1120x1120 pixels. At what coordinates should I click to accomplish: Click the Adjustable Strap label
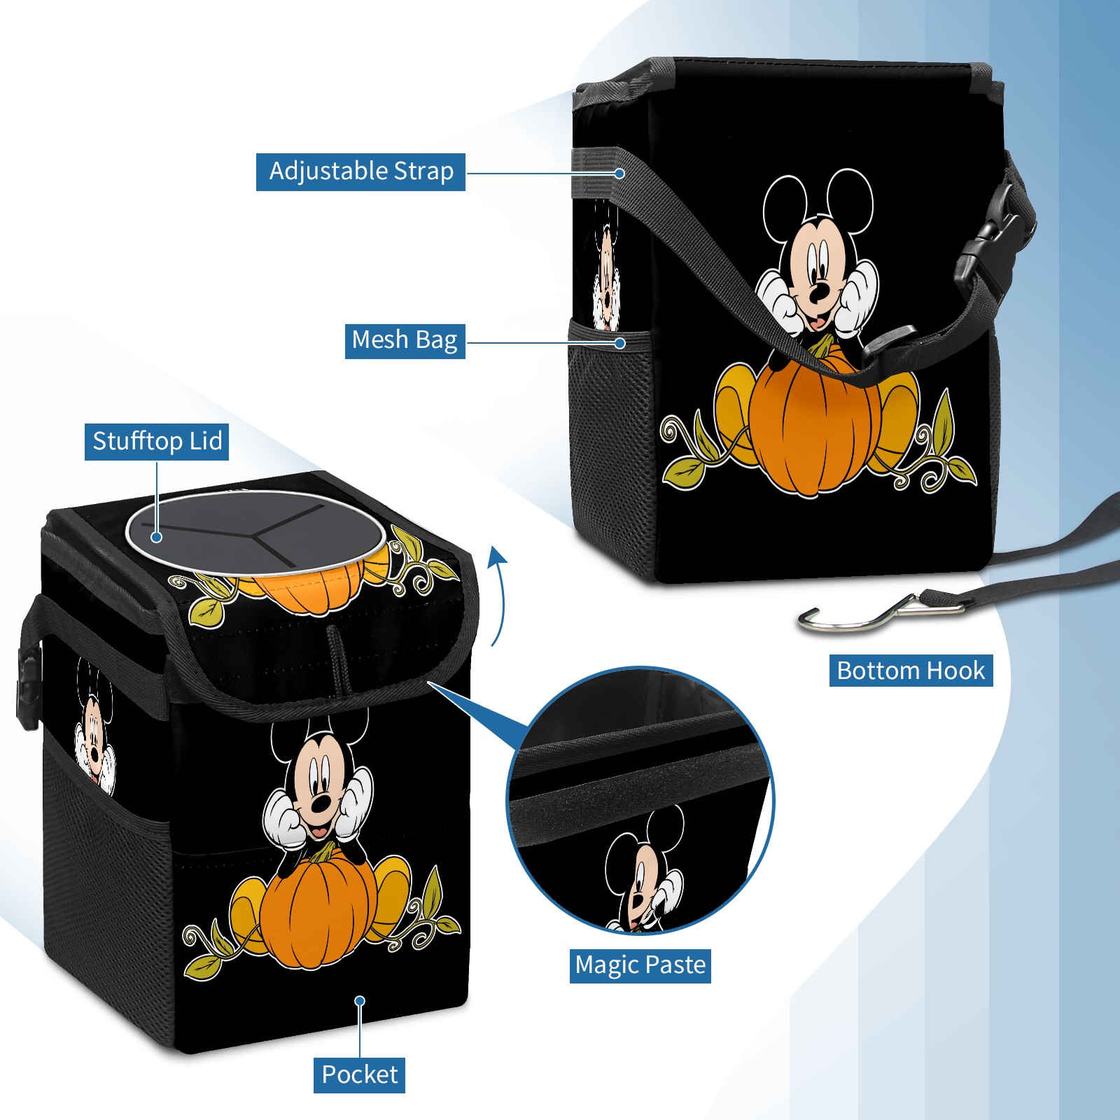pyautogui.click(x=360, y=171)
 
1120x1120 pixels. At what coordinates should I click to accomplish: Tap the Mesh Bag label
pyautogui.click(x=405, y=340)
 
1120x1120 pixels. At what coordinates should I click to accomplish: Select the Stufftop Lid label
pyautogui.click(x=157, y=442)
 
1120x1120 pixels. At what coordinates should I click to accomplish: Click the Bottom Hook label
pyautogui.click(x=911, y=671)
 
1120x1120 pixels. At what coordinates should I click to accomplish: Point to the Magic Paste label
pyautogui.click(x=640, y=965)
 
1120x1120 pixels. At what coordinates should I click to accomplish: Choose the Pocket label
pyautogui.click(x=359, y=1074)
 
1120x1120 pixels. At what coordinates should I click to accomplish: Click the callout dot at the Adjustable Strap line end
pyautogui.click(x=619, y=173)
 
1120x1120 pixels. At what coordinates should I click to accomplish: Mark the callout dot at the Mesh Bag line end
pyautogui.click(x=619, y=343)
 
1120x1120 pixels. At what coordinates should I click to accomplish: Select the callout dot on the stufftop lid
pyautogui.click(x=157, y=537)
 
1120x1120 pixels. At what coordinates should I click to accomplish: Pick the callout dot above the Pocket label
pyautogui.click(x=360, y=1001)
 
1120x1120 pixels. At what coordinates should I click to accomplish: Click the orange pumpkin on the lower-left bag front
pyautogui.click(x=318, y=910)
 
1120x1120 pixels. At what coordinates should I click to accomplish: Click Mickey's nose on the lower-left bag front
pyautogui.click(x=321, y=804)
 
